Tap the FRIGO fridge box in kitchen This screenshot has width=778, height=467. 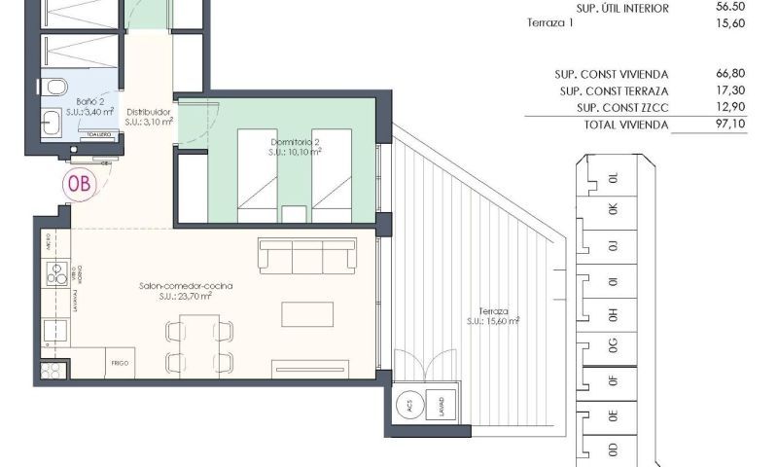pyautogui.click(x=120, y=362)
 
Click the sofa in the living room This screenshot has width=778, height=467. pyautogui.click(x=307, y=256)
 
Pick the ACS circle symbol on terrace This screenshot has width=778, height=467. pyautogui.click(x=409, y=405)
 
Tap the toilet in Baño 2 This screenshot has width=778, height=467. pyautogui.click(x=54, y=86)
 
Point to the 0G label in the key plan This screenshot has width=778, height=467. pyautogui.click(x=613, y=345)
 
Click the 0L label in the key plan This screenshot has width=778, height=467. pyautogui.click(x=613, y=179)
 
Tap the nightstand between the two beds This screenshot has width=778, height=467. pyautogui.click(x=291, y=213)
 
